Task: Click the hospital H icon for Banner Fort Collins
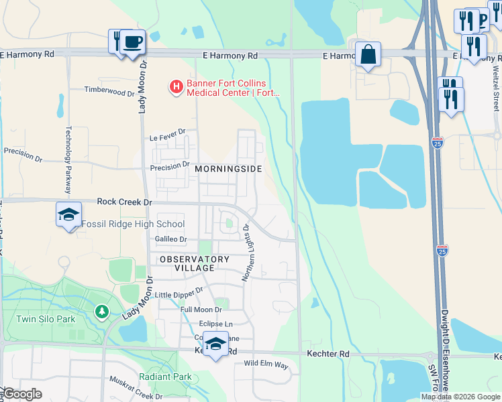point(176,86)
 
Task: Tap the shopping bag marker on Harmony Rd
point(368,55)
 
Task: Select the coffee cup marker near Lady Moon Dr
point(132,42)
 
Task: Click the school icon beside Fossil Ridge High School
point(68,215)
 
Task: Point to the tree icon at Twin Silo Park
point(102,311)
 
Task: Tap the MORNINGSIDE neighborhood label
point(228,169)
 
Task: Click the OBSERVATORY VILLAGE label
point(194,263)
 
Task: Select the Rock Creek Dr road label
point(125,201)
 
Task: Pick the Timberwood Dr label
point(109,89)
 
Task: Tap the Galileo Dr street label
point(170,239)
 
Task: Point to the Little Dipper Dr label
point(179,293)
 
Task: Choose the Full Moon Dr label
point(201,310)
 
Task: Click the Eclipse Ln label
point(215,324)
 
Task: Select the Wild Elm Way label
point(266,365)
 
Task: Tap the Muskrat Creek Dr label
point(136,388)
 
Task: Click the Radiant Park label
point(166,377)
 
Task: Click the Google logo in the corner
point(21,394)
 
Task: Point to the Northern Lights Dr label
point(246,253)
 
